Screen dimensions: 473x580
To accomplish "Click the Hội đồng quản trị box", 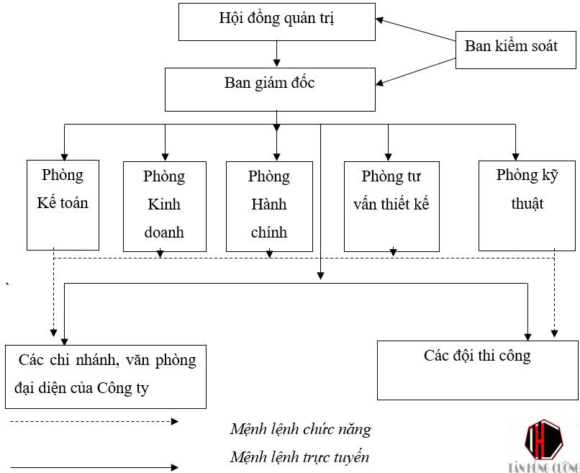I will coord(277,22).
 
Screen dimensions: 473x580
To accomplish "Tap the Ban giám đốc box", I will coord(270,89).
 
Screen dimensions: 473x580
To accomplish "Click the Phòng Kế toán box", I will coord(63,204).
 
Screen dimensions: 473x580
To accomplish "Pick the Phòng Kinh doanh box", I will coord(164,206).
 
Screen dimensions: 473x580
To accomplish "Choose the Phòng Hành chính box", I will coord(269,206).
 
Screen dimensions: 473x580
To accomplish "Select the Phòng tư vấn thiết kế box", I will coord(391,206).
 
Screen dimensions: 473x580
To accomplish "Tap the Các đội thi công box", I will coord(477,369).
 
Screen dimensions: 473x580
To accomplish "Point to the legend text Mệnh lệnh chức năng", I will coord(300,430).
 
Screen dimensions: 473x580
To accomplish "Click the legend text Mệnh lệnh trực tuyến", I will coord(299,457).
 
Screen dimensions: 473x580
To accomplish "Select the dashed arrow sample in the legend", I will coord(94,421).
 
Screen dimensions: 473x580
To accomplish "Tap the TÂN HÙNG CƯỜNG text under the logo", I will coord(543,466).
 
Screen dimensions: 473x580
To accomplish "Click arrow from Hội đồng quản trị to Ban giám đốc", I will coord(277,54).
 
